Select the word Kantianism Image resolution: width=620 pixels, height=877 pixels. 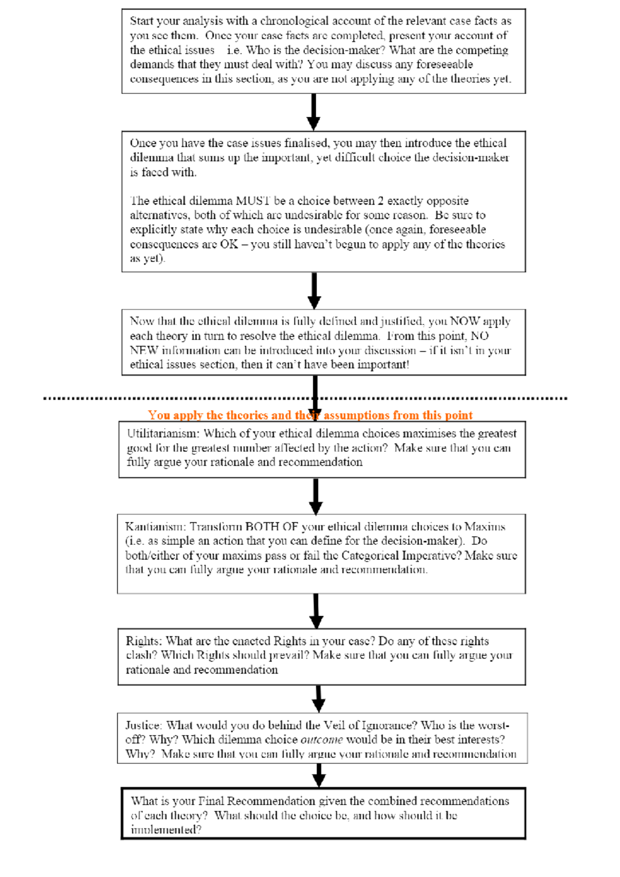click(x=155, y=527)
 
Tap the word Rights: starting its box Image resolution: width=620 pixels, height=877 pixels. click(x=144, y=641)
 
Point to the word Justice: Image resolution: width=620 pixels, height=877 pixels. click(x=143, y=725)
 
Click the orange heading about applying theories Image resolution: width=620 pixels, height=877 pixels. click(x=310, y=415)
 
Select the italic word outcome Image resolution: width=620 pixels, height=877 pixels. click(x=321, y=740)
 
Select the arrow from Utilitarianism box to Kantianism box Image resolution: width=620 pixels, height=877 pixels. click(x=316, y=496)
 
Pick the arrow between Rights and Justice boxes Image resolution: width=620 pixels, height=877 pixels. click(x=319, y=699)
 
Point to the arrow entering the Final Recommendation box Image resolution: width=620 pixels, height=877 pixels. click(x=319, y=775)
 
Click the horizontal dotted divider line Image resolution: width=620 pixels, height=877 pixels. click(x=155, y=398)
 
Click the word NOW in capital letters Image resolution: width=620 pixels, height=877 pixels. click(x=465, y=321)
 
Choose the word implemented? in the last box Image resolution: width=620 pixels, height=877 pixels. click(x=166, y=830)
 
